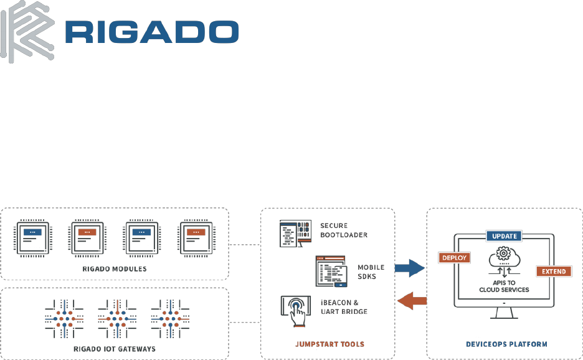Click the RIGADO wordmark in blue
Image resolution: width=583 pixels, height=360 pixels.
coord(152,32)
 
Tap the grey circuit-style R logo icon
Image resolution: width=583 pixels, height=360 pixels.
coord(27,32)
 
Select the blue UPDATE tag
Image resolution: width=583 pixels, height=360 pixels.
coord(504,236)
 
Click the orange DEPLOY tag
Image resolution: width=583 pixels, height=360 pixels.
coord(454,258)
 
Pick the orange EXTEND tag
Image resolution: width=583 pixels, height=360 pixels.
coord(554,271)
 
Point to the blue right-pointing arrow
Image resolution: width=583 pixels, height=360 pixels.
coord(409,268)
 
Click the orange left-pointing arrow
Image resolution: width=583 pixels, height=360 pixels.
coord(412,301)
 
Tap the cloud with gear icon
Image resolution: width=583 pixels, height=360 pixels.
coord(504,256)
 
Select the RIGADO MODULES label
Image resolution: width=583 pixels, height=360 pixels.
coord(115,269)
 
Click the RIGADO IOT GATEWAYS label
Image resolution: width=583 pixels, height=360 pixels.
coord(115,349)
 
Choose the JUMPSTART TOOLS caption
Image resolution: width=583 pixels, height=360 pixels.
coord(329,344)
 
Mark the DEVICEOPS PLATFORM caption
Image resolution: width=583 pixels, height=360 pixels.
coord(506,344)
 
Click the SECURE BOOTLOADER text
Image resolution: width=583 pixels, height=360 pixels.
coord(344,230)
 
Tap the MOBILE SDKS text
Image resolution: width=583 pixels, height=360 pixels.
coord(371,272)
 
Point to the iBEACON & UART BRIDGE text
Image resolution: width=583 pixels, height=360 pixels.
coord(344,307)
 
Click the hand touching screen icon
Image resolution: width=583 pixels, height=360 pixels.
coord(296,311)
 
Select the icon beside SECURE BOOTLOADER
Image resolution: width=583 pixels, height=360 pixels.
coord(296,234)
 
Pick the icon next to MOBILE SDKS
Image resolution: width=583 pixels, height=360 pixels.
coord(331,271)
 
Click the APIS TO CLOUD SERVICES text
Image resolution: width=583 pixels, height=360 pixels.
coord(504,286)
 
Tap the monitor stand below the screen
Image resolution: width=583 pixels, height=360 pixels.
coord(504,313)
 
